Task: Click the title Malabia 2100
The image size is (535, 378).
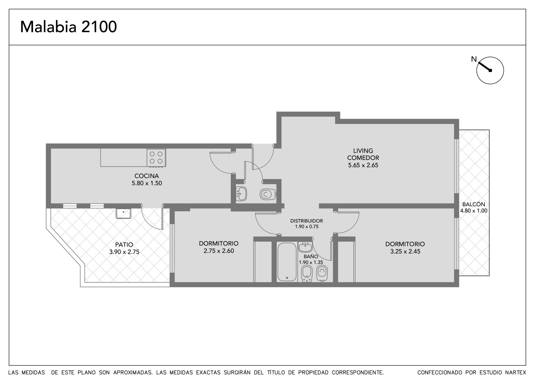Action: [x=68, y=27]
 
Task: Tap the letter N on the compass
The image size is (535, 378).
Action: [x=474, y=59]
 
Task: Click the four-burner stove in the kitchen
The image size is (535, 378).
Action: [x=156, y=158]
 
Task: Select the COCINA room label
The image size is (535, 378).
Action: [x=147, y=176]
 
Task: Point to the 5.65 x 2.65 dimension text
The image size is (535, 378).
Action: [x=363, y=165]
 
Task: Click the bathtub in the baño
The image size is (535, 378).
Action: [x=287, y=262]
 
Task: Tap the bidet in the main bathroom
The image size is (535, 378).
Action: [x=307, y=274]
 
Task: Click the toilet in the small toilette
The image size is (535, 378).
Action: [x=268, y=195]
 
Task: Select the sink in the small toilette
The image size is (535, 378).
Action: [x=241, y=194]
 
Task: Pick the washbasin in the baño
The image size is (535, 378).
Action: [x=305, y=247]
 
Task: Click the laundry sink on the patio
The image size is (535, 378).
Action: [x=123, y=213]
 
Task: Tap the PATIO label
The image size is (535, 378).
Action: [x=124, y=245]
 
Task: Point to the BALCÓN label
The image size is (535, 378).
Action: [x=473, y=204]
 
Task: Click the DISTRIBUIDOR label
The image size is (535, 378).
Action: [x=307, y=221]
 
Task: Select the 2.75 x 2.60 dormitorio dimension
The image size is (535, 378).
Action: [x=219, y=251]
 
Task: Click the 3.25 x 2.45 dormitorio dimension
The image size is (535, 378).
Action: [x=405, y=251]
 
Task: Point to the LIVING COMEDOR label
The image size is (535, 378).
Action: [x=363, y=154]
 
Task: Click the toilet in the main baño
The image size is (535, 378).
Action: [x=322, y=273]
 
